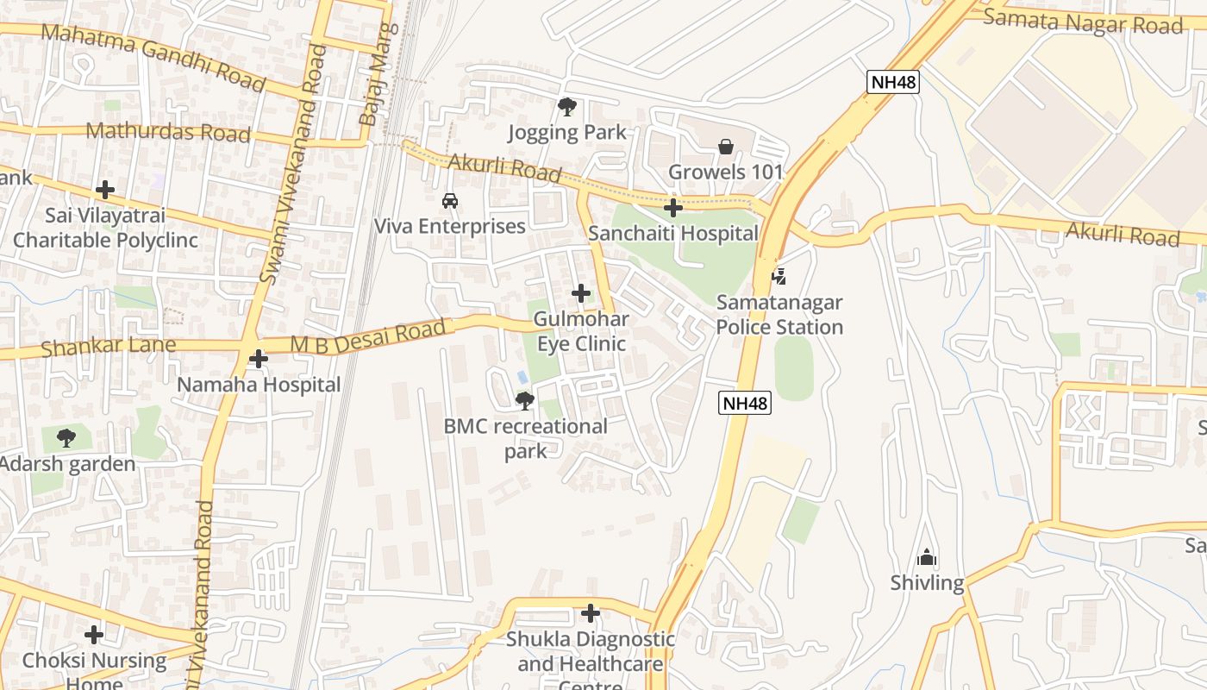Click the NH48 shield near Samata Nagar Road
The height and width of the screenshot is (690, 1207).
click(893, 82)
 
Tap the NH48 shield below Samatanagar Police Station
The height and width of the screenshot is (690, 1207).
click(745, 403)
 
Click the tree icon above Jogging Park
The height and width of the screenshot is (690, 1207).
click(566, 107)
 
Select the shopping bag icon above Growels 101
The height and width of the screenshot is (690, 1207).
click(726, 147)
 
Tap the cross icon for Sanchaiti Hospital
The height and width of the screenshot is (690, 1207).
click(673, 208)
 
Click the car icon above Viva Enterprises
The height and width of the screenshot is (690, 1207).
click(449, 201)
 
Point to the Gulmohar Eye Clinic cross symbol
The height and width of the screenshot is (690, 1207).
click(581, 293)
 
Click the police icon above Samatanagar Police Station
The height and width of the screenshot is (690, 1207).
click(779, 277)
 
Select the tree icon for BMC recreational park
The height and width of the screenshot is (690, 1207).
click(524, 400)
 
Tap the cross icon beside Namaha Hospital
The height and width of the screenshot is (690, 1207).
click(258, 359)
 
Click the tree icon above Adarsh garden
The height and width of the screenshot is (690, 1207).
click(66, 438)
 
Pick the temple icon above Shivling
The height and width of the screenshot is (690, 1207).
click(927, 557)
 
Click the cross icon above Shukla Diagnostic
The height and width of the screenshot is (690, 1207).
click(591, 613)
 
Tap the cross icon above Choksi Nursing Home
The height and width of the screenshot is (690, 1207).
click(94, 635)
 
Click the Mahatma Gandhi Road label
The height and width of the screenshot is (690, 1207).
click(153, 56)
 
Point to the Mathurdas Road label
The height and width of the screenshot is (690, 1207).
click(168, 132)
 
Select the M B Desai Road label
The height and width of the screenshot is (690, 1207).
click(371, 336)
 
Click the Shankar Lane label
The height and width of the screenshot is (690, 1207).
click(109, 347)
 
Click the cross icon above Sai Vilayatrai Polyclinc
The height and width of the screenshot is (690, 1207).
click(105, 190)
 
